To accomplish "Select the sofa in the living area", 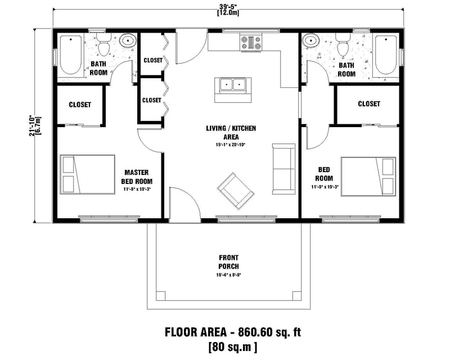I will point(283,168).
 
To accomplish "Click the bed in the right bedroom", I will point(367,174).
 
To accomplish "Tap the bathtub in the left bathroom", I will point(71,55).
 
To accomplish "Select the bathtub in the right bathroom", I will point(386,55).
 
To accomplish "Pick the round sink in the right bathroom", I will point(310,41).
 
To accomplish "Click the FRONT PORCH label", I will point(228,262).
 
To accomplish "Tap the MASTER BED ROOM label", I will point(136,176).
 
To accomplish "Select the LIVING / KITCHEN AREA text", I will point(231,133).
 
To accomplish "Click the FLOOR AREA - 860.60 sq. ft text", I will point(232,332).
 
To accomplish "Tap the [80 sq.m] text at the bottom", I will point(232,346).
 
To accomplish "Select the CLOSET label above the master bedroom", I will point(80,105).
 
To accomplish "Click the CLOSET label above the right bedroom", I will point(368,104).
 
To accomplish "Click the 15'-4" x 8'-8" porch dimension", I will point(228,276).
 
